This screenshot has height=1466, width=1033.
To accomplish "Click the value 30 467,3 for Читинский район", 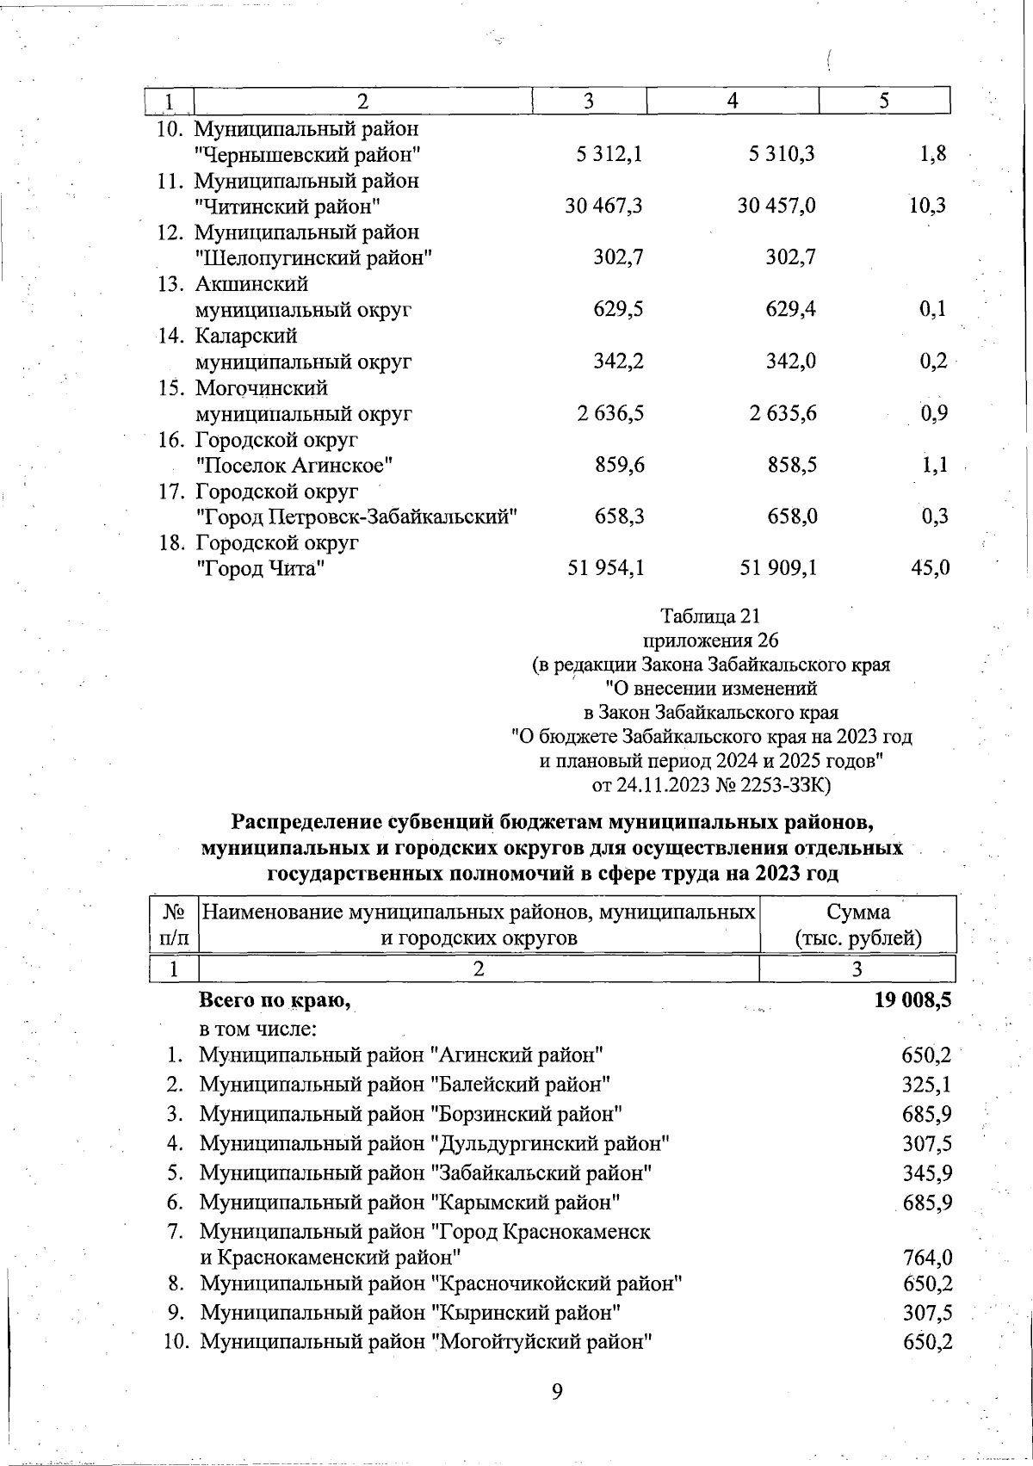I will coord(604,206).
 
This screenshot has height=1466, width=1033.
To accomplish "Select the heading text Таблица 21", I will coord(710,616).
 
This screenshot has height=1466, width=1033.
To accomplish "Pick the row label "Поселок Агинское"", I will coord(295,466).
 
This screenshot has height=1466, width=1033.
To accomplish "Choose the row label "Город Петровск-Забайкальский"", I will coord(356,517).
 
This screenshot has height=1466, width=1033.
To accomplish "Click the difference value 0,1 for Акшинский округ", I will coord(932,309).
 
